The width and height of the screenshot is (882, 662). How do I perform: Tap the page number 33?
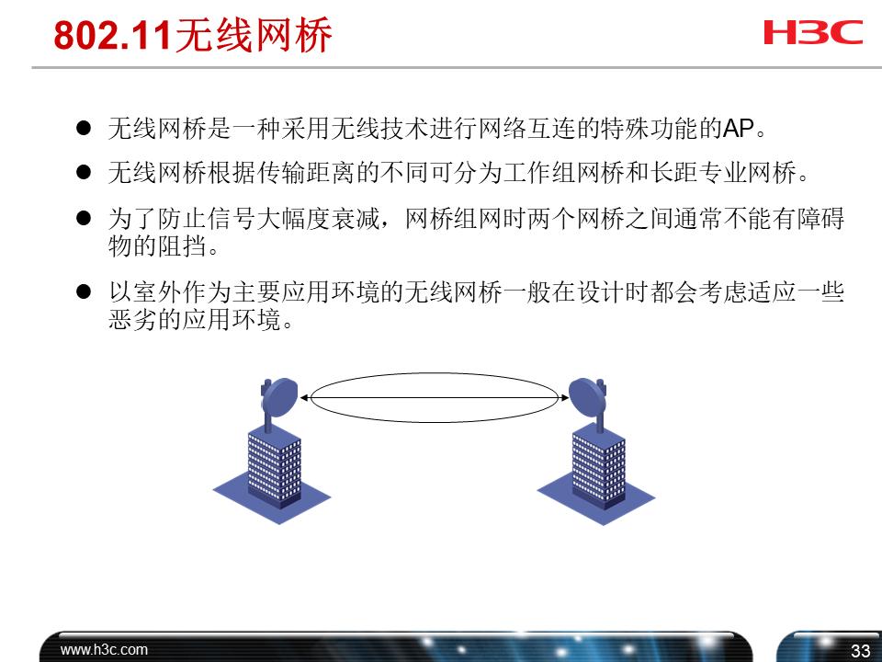[860, 651]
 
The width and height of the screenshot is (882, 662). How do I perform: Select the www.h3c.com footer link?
[104, 649]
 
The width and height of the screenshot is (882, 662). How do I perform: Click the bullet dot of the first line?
[84, 129]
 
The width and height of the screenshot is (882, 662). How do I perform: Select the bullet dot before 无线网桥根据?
[84, 172]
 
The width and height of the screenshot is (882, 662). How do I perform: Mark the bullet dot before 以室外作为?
[84, 293]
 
